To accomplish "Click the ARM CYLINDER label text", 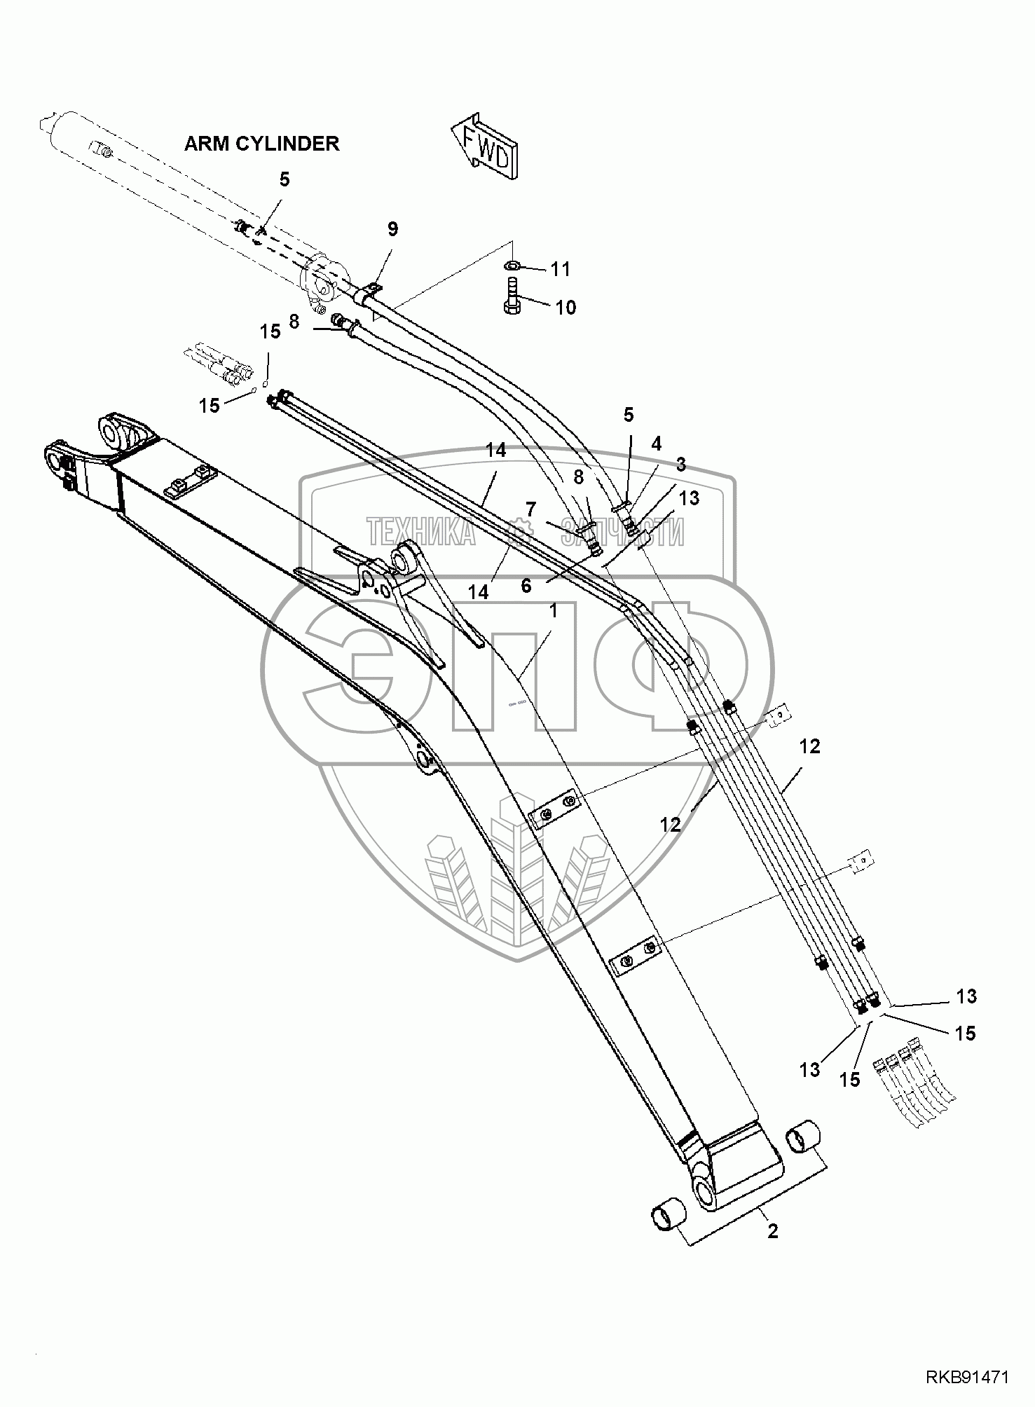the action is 261,144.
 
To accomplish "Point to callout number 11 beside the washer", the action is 560,268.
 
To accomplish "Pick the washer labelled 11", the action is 512,264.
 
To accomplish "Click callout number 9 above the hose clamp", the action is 392,229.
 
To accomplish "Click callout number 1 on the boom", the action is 553,611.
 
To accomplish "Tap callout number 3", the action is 680,464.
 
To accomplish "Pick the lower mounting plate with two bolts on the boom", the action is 637,956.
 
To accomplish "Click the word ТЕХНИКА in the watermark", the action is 421,532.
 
